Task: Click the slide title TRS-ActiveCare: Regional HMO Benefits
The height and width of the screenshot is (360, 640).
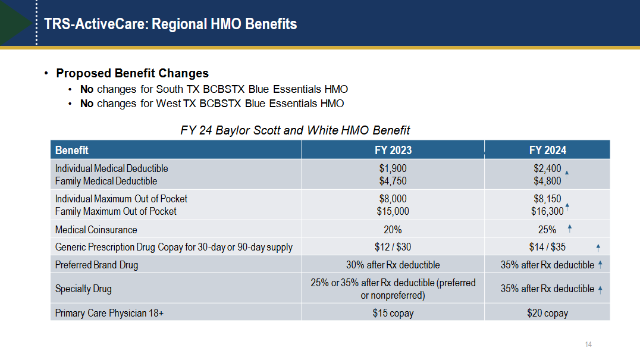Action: [x=171, y=24]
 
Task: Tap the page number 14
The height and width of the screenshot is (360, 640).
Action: [x=589, y=345]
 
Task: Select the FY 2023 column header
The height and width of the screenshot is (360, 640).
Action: [x=393, y=150]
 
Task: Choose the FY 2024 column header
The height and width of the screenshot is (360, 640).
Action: [x=547, y=150]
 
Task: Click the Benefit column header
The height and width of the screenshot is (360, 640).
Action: [x=72, y=150]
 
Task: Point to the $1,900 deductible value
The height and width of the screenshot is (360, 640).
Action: [x=393, y=168]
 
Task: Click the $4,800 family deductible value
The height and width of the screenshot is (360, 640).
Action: [x=547, y=181]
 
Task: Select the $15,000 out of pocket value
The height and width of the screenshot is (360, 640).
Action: [x=393, y=211]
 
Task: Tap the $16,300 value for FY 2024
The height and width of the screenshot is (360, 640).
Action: [x=547, y=211]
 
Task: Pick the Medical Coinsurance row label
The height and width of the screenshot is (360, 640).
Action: [x=96, y=230]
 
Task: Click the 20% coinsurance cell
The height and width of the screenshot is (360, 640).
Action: [x=393, y=230]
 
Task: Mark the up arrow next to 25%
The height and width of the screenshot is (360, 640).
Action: [x=570, y=228]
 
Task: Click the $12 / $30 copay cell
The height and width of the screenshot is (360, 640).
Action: [x=393, y=247]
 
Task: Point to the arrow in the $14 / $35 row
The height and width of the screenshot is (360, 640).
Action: [x=598, y=248]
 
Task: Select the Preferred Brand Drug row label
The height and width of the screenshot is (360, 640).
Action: [x=96, y=265]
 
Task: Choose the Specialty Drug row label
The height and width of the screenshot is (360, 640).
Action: [x=83, y=289]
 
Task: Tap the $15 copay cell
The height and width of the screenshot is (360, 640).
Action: [x=393, y=313]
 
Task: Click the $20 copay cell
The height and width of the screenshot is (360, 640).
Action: [x=547, y=313]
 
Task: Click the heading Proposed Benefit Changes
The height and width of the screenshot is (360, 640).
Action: [x=132, y=73]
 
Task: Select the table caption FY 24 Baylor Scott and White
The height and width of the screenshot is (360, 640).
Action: [x=295, y=130]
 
